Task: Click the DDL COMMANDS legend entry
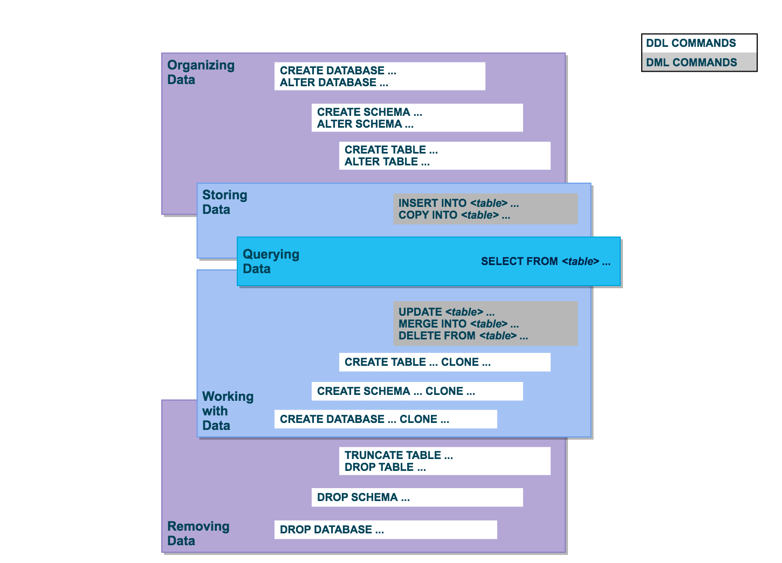(691, 43)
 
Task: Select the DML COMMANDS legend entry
(691, 62)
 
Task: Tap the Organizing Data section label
(201, 72)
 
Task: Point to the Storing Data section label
(224, 202)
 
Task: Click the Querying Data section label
(271, 261)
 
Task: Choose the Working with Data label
(228, 411)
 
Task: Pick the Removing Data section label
(198, 533)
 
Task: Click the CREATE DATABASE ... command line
(338, 71)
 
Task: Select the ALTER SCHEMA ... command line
(365, 124)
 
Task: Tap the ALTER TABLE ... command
(387, 162)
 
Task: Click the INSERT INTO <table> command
(458, 203)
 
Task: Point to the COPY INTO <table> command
(454, 215)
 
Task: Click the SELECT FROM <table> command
(545, 261)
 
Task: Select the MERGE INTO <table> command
(458, 324)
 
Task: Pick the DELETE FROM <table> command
(463, 336)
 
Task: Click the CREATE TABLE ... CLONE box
(444, 362)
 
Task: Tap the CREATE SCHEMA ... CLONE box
(417, 391)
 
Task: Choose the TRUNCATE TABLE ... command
(399, 455)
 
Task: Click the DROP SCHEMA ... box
(417, 497)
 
